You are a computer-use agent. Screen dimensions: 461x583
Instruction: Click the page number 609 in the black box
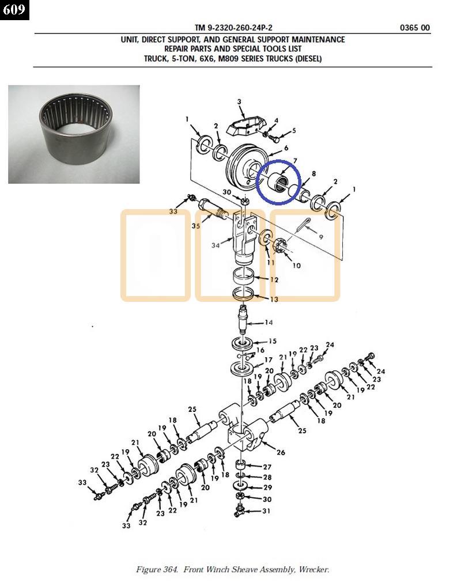(14, 9)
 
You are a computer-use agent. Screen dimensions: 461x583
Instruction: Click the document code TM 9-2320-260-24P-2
(233, 28)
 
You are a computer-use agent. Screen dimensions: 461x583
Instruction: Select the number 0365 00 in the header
(414, 28)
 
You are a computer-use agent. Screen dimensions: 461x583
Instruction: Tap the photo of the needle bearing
(74, 134)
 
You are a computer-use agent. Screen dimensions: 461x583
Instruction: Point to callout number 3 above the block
(239, 101)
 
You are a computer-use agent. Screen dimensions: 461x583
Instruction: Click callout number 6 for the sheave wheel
(286, 148)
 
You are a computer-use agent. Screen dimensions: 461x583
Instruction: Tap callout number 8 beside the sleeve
(314, 173)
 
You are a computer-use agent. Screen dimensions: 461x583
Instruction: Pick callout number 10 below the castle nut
(296, 266)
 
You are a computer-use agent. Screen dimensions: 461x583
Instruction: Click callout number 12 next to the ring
(274, 280)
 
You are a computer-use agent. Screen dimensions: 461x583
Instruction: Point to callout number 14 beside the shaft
(269, 323)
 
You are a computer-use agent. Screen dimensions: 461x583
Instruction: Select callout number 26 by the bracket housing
(281, 452)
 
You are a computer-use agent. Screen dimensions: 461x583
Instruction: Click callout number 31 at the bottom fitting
(266, 511)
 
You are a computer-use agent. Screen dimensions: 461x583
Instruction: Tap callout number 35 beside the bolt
(196, 226)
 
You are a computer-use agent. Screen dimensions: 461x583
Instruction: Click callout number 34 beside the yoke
(216, 245)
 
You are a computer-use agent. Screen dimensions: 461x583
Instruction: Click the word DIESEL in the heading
(308, 59)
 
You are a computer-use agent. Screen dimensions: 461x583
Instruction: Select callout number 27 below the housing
(267, 467)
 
